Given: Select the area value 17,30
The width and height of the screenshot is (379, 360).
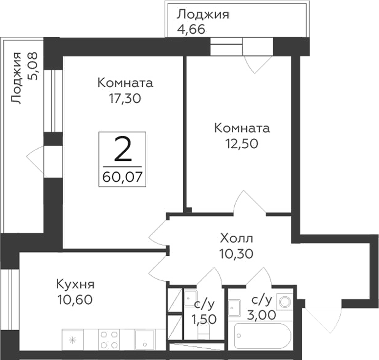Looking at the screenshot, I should [125, 98].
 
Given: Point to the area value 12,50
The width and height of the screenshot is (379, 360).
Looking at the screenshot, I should [242, 144].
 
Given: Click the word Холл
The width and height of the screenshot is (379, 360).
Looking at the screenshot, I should [237, 239].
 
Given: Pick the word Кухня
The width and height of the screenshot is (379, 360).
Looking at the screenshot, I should [75, 284].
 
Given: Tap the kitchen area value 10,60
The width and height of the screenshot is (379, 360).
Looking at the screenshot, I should [74, 299].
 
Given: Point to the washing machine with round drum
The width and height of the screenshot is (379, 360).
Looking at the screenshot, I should [284, 300].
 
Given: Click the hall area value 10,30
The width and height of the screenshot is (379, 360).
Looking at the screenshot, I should [237, 253].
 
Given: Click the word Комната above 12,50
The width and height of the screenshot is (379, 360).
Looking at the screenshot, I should [242, 128].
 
